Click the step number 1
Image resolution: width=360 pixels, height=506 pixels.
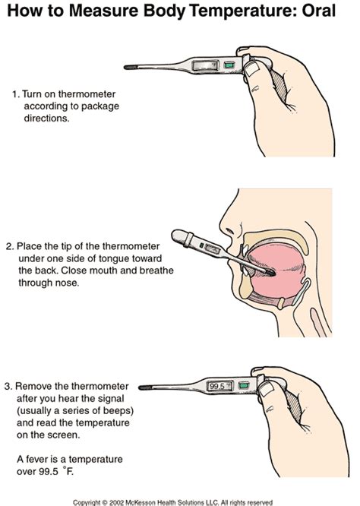[14, 95]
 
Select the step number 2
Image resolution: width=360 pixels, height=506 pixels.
[8, 246]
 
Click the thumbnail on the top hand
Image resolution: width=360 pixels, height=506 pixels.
[254, 69]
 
